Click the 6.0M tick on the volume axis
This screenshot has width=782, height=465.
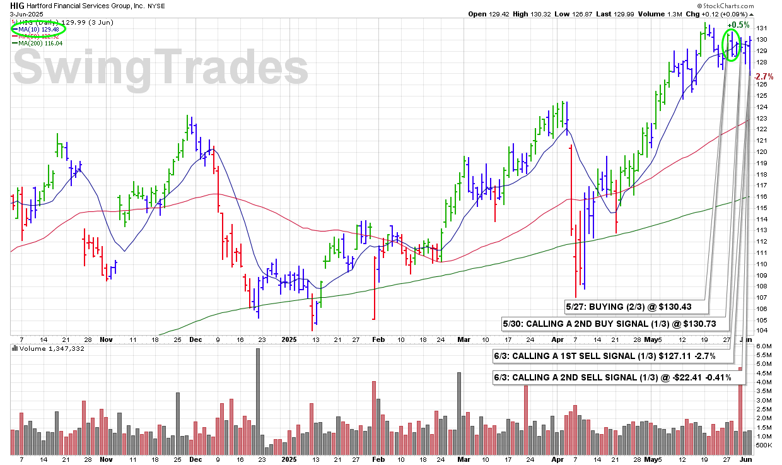point(763,346)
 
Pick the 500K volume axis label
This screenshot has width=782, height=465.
point(763,445)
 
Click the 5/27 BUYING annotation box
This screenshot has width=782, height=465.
point(636,307)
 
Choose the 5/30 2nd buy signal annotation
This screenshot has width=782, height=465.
point(617,323)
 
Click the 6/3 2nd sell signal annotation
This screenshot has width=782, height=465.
point(617,377)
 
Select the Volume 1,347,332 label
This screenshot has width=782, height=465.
point(47,348)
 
